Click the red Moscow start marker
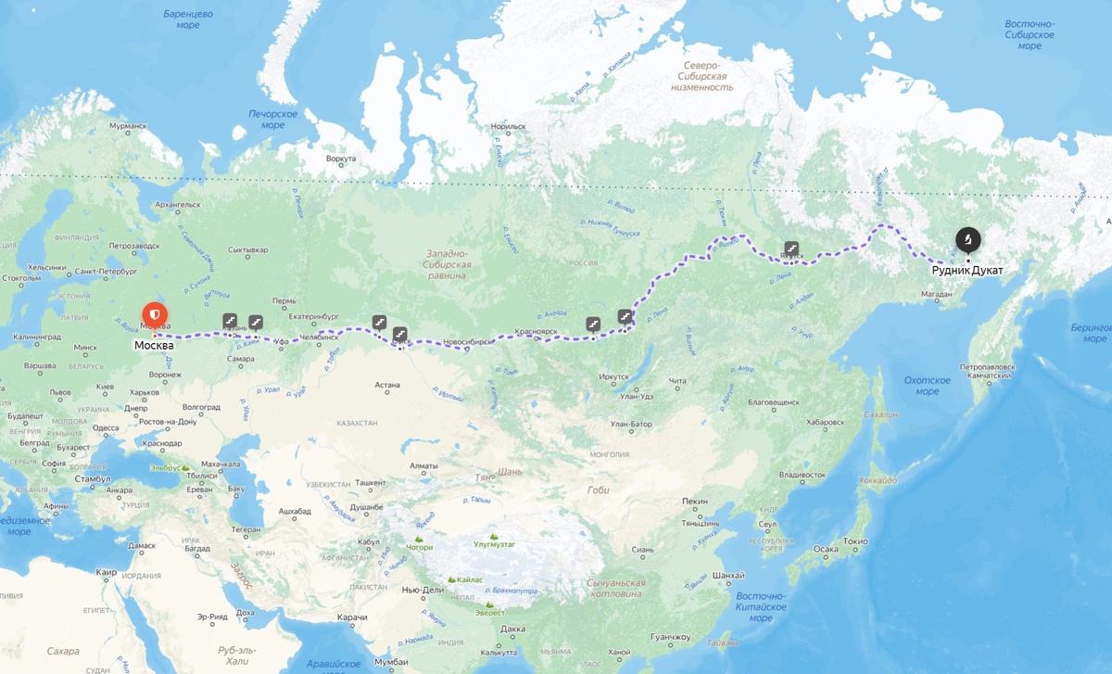pos(155,312)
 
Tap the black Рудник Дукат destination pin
pos(967,241)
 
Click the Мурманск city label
pos(128,125)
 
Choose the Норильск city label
pos(509,126)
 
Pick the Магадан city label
pos(937,295)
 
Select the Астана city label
pos(386,384)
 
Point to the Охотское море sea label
pos(928,386)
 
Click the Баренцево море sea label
pos(188,19)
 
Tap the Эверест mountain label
pos(489,612)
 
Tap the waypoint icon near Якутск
pos(791,248)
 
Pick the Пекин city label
pos(695,501)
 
